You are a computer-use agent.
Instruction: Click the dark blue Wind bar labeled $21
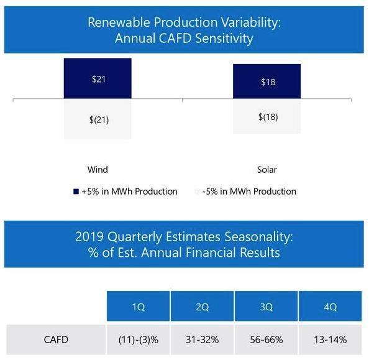98,78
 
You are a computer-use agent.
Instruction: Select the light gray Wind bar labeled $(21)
98,119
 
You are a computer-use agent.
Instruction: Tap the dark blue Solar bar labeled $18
266,81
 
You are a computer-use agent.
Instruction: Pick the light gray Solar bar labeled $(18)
266,116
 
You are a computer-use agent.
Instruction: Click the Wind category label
98,169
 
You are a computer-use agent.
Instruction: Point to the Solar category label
266,169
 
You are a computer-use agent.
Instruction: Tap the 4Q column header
330,307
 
